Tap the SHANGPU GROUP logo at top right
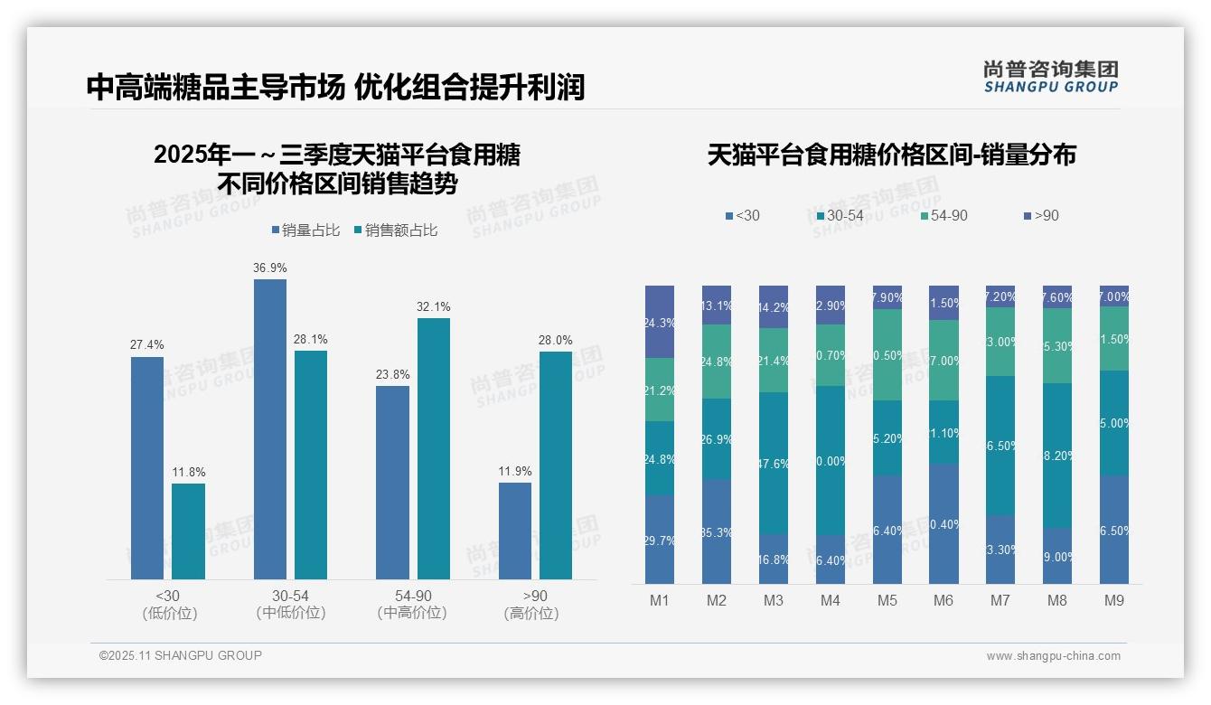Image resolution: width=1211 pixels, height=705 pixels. click(x=1050, y=77)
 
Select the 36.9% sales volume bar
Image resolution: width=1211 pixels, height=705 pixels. click(x=269, y=428)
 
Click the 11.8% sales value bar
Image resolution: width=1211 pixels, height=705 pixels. click(x=188, y=531)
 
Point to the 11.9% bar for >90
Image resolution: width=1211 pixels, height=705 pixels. click(x=515, y=531)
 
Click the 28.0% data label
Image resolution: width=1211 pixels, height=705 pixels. click(x=556, y=340)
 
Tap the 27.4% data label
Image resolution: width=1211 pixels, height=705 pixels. click(x=147, y=345)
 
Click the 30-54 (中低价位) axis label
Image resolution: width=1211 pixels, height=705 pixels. click(x=290, y=604)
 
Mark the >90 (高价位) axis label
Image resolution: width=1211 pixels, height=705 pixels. click(x=535, y=604)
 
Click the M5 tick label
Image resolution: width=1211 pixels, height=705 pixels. click(x=887, y=600)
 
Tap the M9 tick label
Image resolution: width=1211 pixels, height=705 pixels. click(x=1113, y=600)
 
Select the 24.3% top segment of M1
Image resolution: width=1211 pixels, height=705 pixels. click(x=660, y=322)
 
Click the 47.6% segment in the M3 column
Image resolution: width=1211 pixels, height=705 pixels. click(x=774, y=463)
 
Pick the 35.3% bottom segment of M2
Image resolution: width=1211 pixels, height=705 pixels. click(x=717, y=531)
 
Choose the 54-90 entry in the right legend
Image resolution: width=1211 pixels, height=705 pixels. click(x=943, y=216)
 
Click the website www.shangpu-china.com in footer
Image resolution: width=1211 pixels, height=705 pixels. click(x=1053, y=656)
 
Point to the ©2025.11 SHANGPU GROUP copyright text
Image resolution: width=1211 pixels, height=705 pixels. click(x=181, y=655)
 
